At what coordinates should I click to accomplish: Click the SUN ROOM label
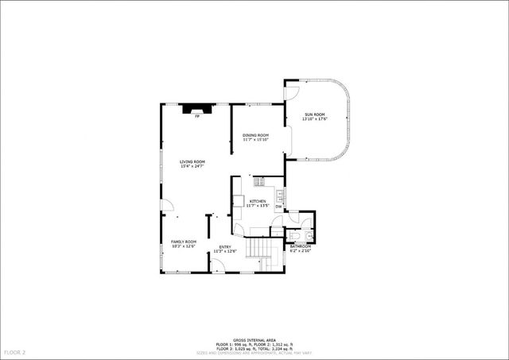[x=314, y=114]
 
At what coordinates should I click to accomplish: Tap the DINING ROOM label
[x=255, y=135]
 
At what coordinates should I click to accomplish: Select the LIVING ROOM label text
[x=192, y=161]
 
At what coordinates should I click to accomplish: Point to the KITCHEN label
[x=258, y=201]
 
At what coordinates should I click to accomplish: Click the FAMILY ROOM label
[x=184, y=242]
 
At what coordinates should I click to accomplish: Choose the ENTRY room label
[x=225, y=246]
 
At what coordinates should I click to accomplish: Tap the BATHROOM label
[x=300, y=246]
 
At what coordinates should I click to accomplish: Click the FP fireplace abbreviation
[x=197, y=117]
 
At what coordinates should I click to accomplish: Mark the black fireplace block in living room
[x=196, y=109]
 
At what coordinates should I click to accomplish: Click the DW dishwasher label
[x=278, y=207]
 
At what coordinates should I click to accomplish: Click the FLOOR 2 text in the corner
[x=15, y=351]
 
